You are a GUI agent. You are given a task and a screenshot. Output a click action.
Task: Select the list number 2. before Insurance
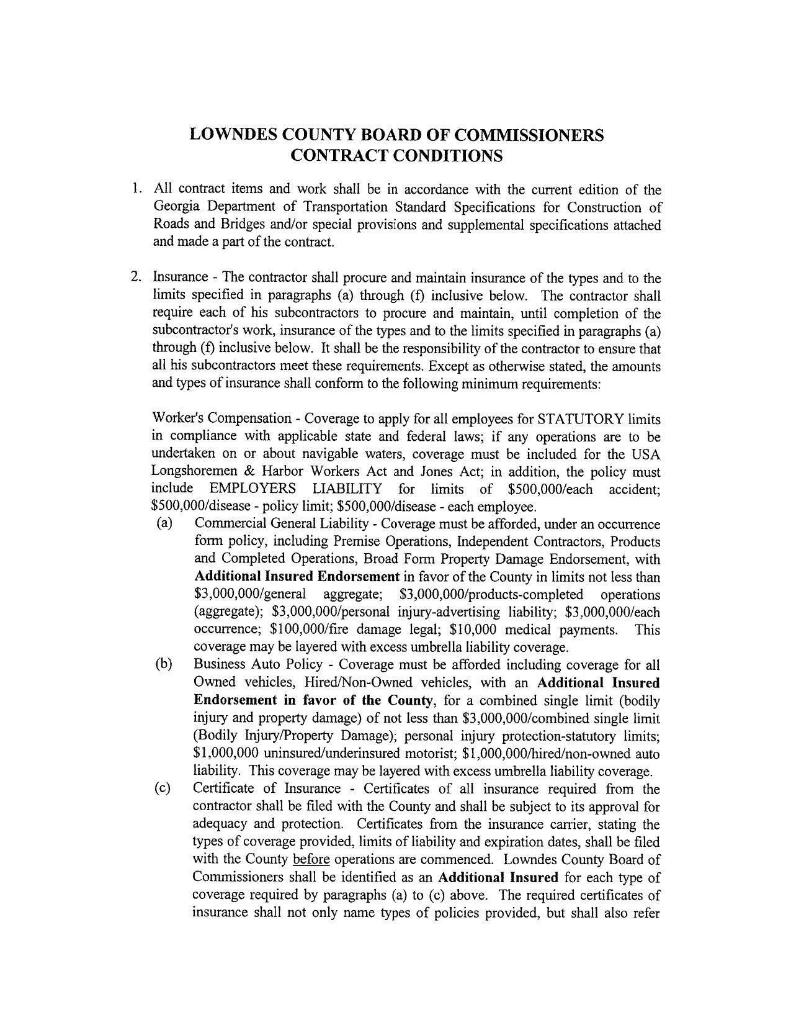pos(137,278)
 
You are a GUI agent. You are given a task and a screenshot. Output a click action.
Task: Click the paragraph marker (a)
pos(164,523)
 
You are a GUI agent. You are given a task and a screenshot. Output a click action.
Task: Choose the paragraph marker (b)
pos(164,665)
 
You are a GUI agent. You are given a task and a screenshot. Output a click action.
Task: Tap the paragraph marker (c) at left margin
pos(164,789)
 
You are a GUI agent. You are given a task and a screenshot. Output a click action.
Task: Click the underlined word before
pos(311,860)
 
